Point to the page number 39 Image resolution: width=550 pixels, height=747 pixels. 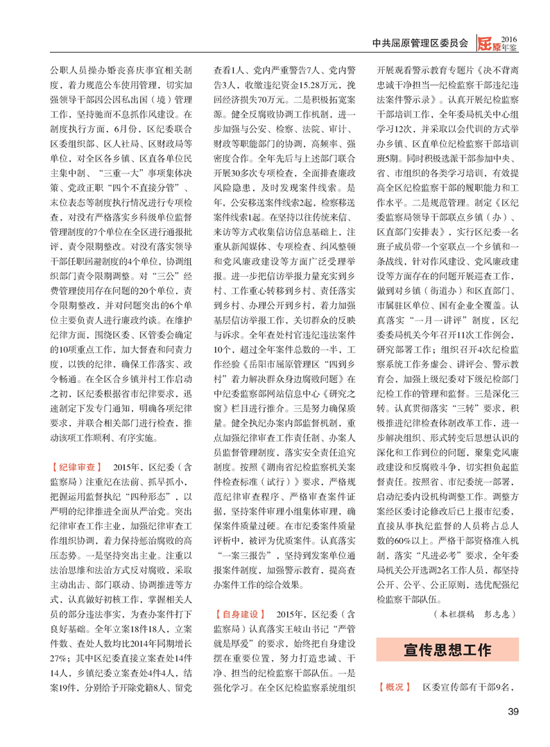513,712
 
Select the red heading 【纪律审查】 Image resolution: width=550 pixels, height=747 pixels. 77,466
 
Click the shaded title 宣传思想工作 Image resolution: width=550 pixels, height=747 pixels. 447,650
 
